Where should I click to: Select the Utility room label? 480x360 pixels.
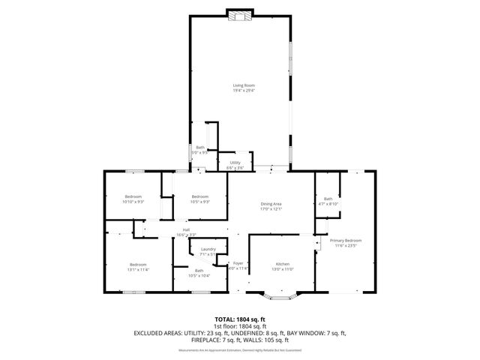(x=235, y=164)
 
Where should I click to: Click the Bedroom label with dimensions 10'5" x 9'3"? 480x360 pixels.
(x=199, y=199)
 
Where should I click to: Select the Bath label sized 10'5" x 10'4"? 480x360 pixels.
(x=199, y=272)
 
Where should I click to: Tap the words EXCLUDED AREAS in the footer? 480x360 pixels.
(x=160, y=332)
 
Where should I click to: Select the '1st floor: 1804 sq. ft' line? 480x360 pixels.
(x=239, y=326)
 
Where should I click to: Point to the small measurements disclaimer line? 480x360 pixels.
(x=239, y=350)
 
